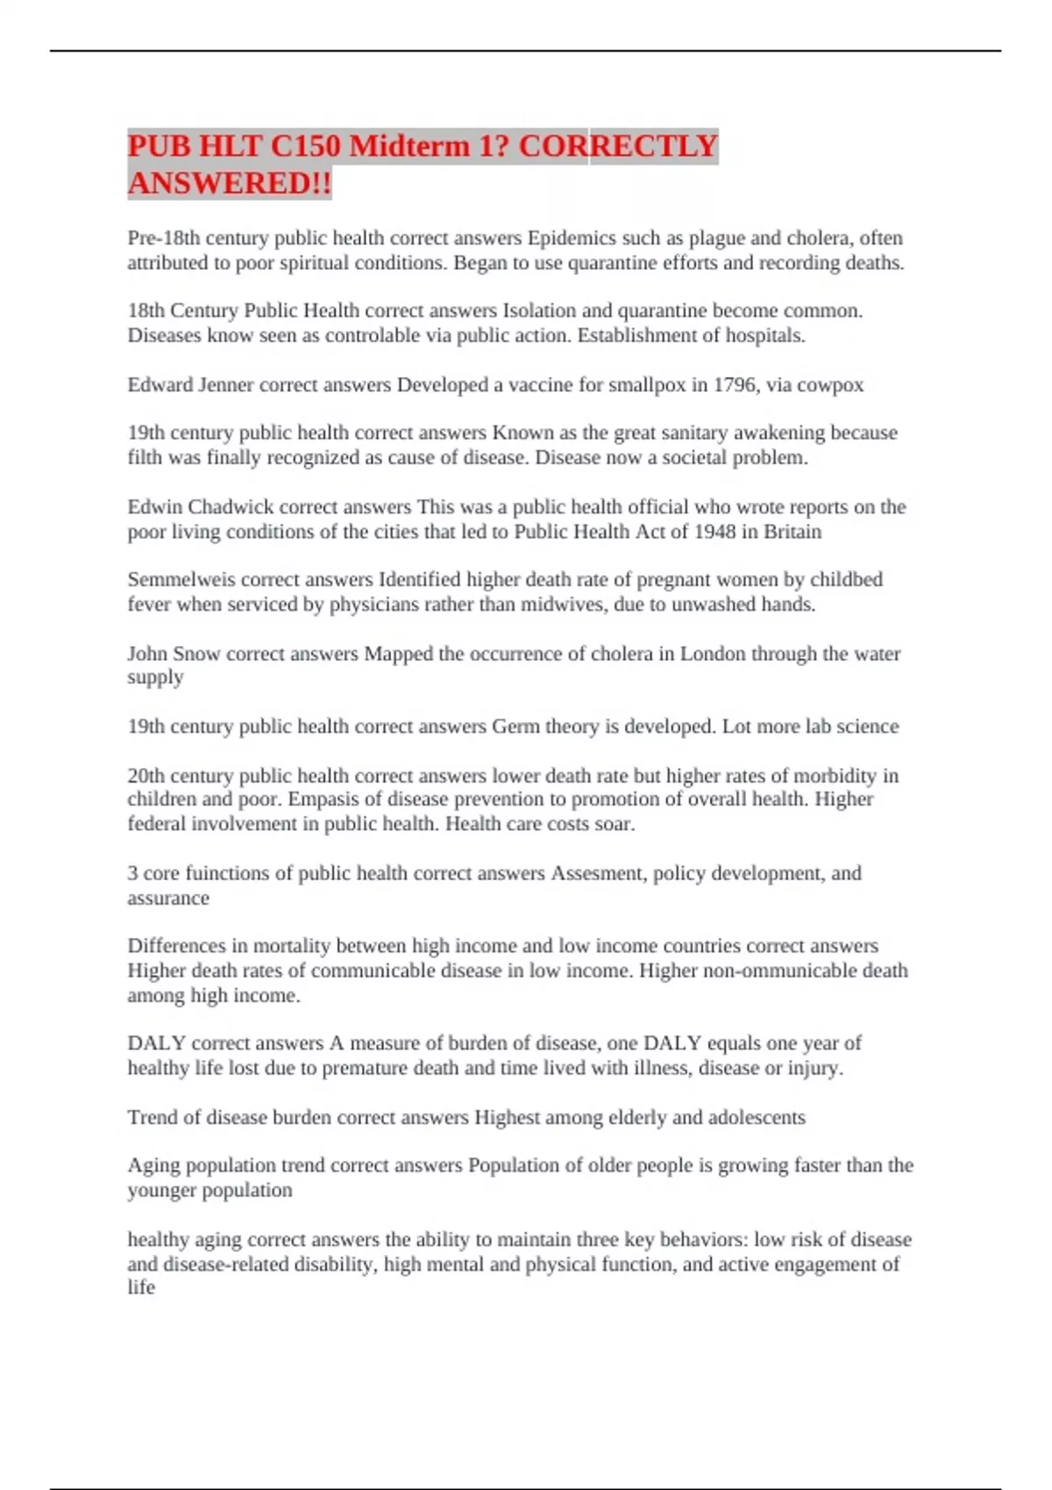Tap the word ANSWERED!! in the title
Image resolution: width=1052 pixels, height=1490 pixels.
(230, 183)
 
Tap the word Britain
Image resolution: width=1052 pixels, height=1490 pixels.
(793, 531)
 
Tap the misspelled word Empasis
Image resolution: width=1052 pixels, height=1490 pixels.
(323, 799)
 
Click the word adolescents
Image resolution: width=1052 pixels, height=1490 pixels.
(757, 1117)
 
